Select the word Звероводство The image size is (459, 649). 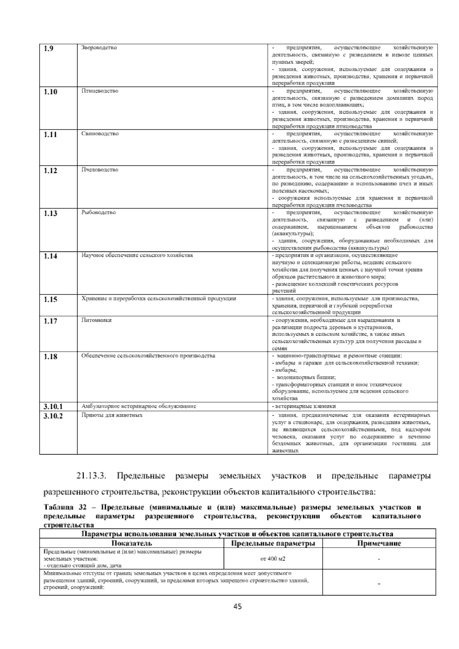click(x=99, y=48)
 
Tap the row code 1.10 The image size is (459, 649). click(x=50, y=92)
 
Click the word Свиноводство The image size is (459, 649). click(x=100, y=134)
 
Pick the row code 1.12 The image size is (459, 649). click(x=50, y=171)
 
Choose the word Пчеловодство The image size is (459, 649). click(x=100, y=170)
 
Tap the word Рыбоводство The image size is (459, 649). click(x=99, y=213)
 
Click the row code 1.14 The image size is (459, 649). click(x=50, y=256)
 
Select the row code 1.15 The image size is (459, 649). click(x=50, y=300)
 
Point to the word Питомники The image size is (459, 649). click(x=96, y=320)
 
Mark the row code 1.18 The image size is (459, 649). click(x=50, y=357)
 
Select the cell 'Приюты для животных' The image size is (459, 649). click(x=112, y=415)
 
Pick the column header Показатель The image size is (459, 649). click(x=132, y=543)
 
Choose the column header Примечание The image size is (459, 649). click(x=379, y=543)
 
